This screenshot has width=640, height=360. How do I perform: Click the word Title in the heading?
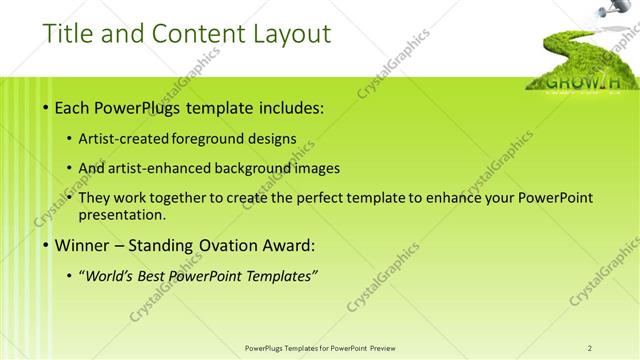click(x=69, y=33)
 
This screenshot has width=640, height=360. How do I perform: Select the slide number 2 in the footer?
click(x=591, y=347)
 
